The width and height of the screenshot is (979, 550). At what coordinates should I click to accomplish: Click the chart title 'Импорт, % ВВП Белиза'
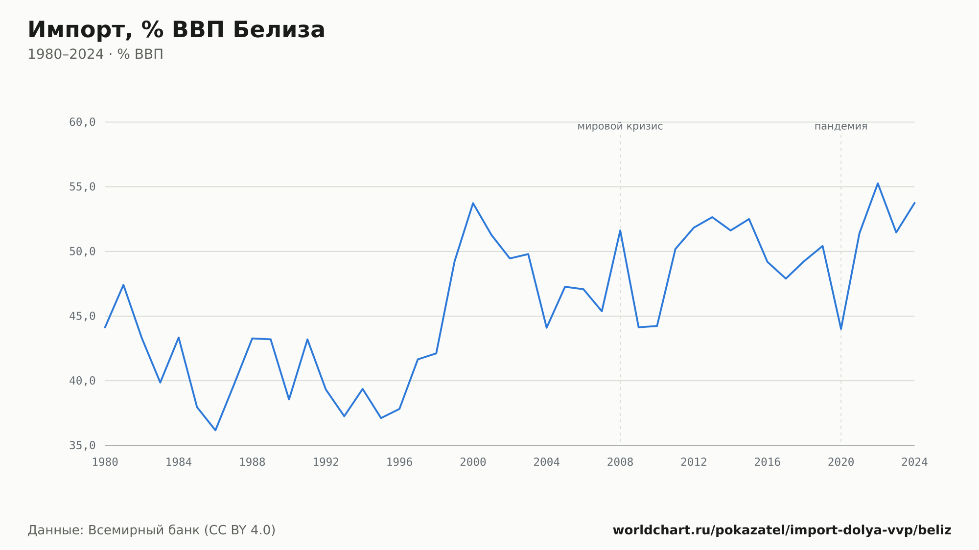(176, 30)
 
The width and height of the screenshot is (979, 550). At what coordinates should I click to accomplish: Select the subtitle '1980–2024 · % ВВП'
(95, 54)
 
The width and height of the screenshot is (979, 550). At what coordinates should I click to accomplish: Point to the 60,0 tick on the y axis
(82, 122)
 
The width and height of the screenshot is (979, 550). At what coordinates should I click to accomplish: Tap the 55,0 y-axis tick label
(82, 187)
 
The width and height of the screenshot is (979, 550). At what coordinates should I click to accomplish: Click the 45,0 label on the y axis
(82, 316)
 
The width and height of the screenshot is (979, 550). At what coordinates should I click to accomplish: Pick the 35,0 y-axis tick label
(82, 445)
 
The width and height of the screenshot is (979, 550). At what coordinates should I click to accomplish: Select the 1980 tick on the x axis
(105, 462)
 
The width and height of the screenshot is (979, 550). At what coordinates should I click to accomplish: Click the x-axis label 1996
(399, 462)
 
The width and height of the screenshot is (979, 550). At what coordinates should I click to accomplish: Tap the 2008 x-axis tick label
(620, 462)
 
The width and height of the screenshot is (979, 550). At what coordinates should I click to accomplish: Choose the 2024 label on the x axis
(914, 462)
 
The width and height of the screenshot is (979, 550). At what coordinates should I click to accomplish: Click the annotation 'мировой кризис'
(620, 126)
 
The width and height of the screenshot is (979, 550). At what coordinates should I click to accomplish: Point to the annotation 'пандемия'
(841, 126)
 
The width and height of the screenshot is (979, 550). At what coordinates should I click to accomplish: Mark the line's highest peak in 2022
(878, 183)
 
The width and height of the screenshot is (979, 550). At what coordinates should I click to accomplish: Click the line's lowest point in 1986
(215, 430)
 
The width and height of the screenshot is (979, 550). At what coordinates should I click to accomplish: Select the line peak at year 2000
(473, 203)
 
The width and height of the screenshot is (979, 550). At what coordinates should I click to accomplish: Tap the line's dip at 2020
(841, 329)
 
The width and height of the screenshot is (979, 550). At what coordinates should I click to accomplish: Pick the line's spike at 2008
(620, 230)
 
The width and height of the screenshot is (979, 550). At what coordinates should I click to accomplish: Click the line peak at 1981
(123, 285)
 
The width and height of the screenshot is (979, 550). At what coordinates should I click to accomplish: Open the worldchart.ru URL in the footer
(782, 530)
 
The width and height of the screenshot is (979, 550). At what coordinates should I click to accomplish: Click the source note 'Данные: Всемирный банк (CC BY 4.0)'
(152, 530)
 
